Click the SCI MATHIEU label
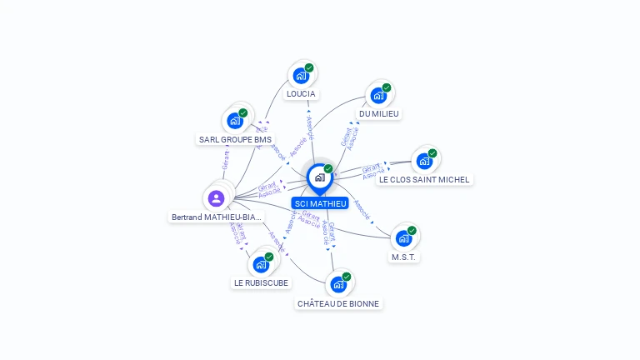[320, 203]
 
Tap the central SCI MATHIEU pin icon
[320, 177]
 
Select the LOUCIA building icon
[301, 76]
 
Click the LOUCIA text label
[301, 93]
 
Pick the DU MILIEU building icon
[379, 95]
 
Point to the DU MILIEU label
[379, 113]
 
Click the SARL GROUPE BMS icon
[235, 121]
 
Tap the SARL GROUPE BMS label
[235, 139]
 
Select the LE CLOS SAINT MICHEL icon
[424, 161]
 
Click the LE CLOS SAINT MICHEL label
[424, 179]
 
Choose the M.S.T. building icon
[404, 238]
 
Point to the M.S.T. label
[404, 257]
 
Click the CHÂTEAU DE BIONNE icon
[338, 284]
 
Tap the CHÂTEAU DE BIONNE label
[338, 303]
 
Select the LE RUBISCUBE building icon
[261, 264]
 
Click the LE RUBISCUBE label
[261, 282]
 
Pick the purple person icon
[216, 198]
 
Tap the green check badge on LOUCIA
[309, 67]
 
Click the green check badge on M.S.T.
[412, 230]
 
